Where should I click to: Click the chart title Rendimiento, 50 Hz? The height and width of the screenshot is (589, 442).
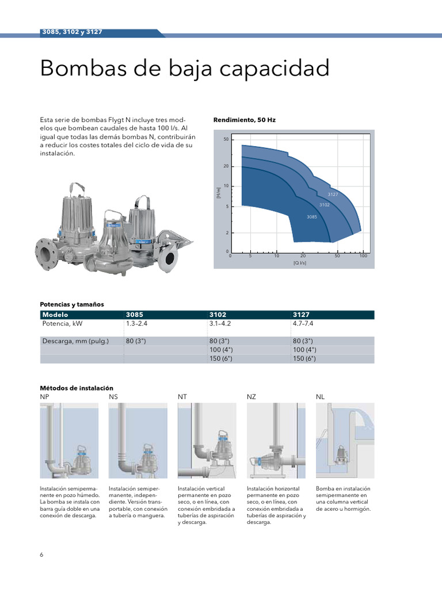[x=244, y=120]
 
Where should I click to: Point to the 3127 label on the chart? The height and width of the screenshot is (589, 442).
[x=333, y=194]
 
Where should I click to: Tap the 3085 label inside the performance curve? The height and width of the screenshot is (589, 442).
[x=311, y=216]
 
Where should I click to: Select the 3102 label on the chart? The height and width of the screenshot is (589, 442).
[x=324, y=205]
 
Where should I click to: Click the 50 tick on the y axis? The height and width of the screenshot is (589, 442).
[x=226, y=140]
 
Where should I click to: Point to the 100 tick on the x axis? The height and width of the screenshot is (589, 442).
[x=363, y=255]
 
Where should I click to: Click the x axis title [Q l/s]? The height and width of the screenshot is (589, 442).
[x=299, y=263]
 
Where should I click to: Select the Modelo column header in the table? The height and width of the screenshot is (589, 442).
[x=55, y=315]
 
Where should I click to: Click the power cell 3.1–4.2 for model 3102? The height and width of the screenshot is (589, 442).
[x=224, y=324]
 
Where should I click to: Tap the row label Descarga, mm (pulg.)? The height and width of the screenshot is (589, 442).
[x=75, y=341]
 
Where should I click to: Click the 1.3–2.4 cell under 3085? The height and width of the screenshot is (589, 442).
[x=137, y=324]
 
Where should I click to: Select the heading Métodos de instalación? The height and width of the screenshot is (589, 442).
[x=77, y=388]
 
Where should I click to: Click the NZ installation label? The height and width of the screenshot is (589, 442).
[x=252, y=397]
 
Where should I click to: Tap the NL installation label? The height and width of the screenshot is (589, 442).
[x=320, y=397]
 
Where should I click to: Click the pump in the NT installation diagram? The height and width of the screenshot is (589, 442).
[x=221, y=445]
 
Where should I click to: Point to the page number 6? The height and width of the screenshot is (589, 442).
[x=41, y=554]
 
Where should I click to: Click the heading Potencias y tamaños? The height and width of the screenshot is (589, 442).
[x=71, y=304]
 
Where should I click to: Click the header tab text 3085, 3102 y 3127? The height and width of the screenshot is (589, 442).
[x=72, y=32]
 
